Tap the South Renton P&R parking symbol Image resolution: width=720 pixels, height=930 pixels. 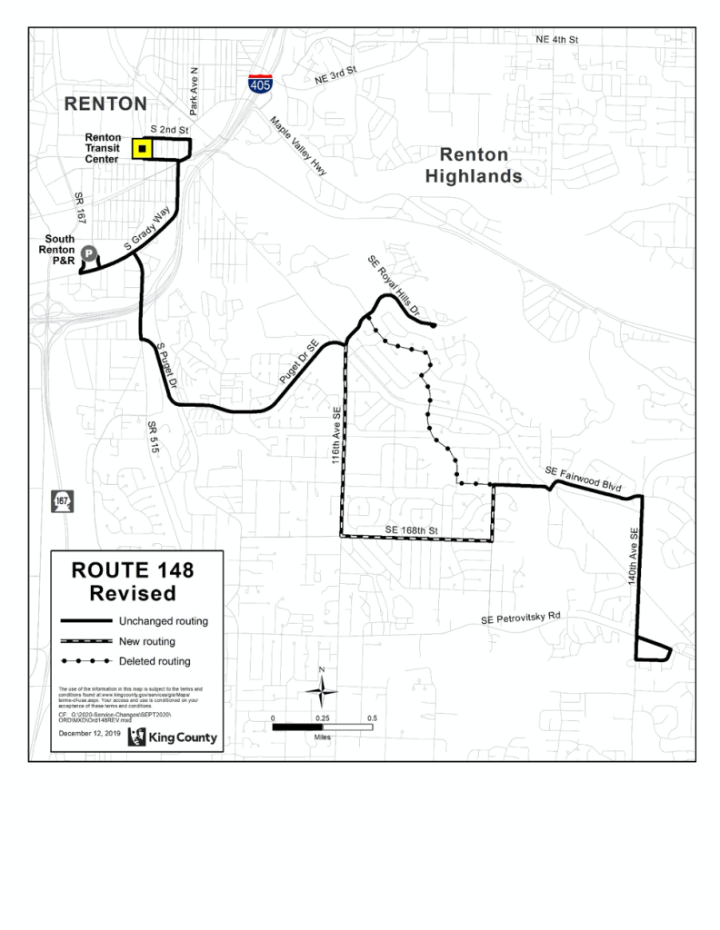coord(89,254)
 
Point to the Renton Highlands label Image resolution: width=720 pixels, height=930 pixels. coord(474,165)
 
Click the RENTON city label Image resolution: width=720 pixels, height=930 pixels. coord(105,104)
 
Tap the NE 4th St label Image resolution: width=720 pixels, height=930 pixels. coord(556,41)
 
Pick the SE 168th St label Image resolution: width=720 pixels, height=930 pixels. coord(411,529)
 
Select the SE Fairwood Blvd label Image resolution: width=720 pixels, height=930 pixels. coord(583,480)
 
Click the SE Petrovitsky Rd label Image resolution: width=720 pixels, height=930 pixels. coord(522,618)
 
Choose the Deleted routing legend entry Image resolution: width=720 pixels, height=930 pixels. coord(160,661)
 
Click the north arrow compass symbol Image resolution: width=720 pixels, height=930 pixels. coord(322,690)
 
